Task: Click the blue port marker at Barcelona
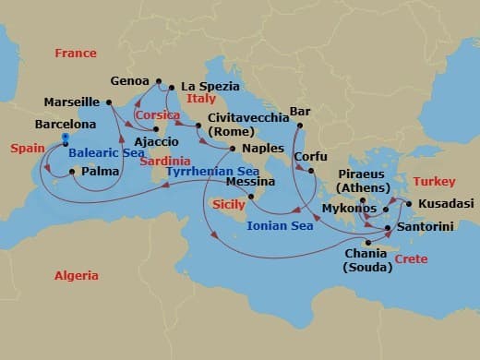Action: (66, 139)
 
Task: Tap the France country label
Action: (76, 54)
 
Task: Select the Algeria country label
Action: (76, 275)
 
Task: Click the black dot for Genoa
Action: (159, 80)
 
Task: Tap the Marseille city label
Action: (72, 102)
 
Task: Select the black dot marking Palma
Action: (72, 171)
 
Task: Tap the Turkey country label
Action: (435, 182)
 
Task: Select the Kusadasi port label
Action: (445, 203)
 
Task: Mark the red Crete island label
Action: (411, 260)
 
